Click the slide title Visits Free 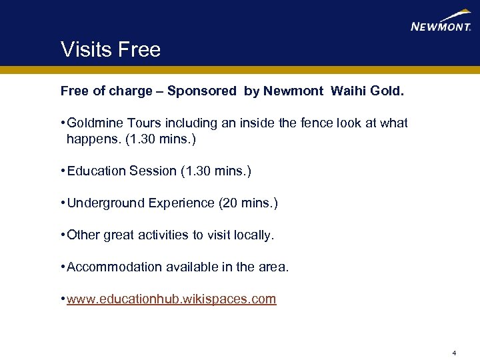point(111,49)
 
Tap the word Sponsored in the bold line point(202,91)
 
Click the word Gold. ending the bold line point(385,91)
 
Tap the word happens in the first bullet point(90,140)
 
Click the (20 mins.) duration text point(248,203)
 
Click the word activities point(167,235)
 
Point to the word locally point(253,235)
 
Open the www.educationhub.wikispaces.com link point(171,299)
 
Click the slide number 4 point(453,353)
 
